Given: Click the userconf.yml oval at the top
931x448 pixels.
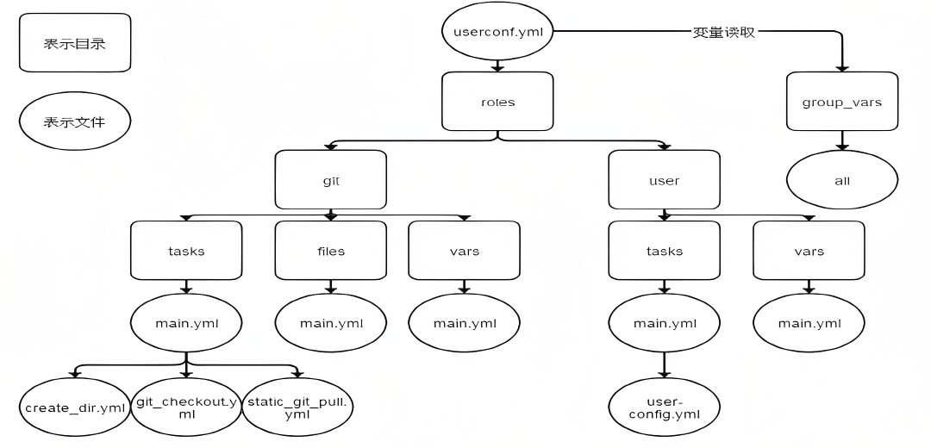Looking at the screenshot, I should coord(497,32).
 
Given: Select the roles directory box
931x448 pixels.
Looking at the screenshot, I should coord(497,102).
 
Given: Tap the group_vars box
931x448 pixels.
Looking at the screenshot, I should coord(842,102).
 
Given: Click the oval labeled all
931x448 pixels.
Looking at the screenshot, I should coord(842,180).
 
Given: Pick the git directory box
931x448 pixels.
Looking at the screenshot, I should coord(330,180).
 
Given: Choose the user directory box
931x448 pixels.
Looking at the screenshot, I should coord(664,180).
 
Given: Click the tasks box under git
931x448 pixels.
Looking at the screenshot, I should coord(186,251).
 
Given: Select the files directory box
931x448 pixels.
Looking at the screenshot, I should coord(330,251).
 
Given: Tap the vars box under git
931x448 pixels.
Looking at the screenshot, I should coord(464,251).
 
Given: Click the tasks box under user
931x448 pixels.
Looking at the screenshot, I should coord(664,251).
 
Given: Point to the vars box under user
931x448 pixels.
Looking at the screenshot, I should coord(809,251).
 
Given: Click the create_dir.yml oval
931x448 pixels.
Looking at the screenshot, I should coord(75,407).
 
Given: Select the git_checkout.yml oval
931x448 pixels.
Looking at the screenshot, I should coord(186,407).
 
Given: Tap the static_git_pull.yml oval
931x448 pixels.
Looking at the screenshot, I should coord(298,407).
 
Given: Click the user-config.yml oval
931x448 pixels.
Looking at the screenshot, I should coord(664,407).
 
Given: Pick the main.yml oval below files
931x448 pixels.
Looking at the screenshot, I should coord(330,323).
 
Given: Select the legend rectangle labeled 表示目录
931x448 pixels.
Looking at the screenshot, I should coord(75,42).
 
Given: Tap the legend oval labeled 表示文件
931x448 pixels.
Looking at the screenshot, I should coord(75,122).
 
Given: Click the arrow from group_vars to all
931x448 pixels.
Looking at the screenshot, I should coord(842,140).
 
